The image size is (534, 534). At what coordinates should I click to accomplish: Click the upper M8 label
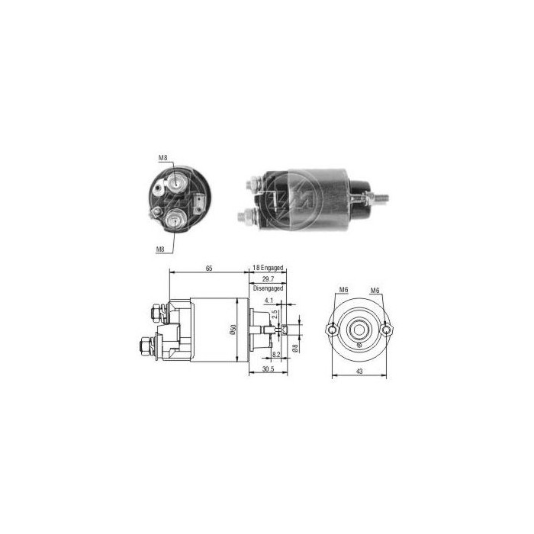tap(163, 158)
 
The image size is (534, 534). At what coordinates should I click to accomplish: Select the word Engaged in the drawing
tap(272, 268)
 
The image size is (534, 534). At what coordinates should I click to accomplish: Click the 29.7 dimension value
tap(267, 280)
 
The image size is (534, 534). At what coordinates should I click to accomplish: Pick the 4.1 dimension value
tap(269, 301)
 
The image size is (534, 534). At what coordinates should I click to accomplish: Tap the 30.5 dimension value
tap(266, 370)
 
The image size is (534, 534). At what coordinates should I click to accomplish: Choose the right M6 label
tap(375, 291)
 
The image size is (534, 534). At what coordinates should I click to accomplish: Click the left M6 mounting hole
tap(332, 330)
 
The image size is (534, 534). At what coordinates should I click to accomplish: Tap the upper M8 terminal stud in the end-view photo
tap(176, 182)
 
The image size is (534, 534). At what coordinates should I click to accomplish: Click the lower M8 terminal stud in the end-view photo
tap(175, 219)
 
